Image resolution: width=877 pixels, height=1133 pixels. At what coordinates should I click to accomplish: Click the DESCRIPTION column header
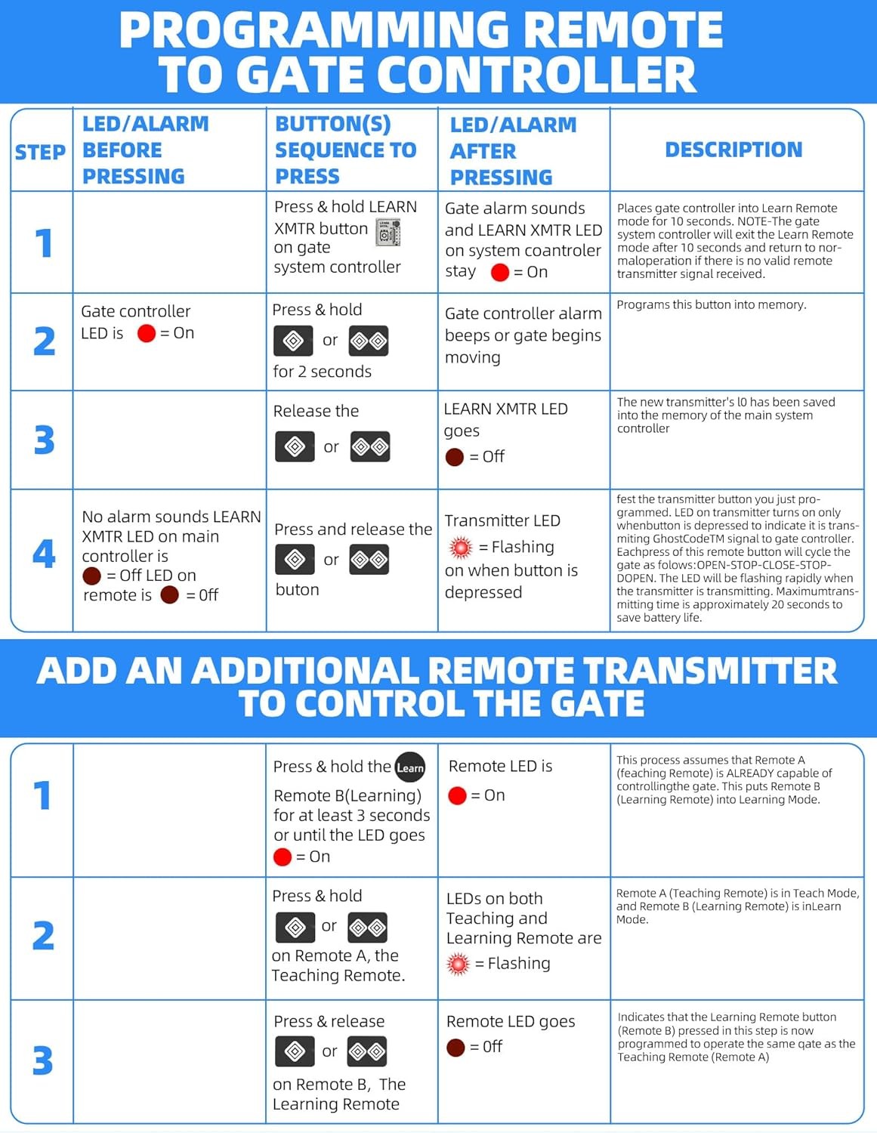[733, 150]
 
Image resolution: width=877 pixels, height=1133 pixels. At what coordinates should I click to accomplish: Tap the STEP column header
[40, 153]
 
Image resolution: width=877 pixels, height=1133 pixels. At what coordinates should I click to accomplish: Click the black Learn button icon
[410, 767]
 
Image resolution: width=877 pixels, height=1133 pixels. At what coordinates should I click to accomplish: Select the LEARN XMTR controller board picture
[388, 233]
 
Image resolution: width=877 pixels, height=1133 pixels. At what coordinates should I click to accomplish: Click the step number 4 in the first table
[44, 554]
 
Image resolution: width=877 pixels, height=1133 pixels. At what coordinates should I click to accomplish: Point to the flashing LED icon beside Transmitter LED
[461, 547]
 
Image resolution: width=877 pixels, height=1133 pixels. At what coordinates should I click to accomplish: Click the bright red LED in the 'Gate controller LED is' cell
[147, 333]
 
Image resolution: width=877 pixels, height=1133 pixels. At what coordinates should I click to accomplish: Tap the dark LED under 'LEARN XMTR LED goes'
[455, 457]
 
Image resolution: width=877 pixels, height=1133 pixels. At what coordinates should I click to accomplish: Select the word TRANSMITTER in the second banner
[710, 671]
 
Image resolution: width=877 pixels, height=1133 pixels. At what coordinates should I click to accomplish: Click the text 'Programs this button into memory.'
[712, 304]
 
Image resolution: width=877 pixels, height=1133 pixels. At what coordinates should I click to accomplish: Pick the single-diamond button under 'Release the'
[295, 446]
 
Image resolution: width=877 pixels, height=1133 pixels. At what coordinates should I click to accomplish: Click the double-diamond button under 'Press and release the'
[369, 560]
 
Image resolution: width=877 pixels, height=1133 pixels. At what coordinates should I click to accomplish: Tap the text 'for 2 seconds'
[323, 371]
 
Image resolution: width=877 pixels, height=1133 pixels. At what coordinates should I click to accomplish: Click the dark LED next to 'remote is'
[169, 594]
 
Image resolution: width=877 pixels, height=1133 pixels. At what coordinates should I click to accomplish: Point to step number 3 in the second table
[43, 1060]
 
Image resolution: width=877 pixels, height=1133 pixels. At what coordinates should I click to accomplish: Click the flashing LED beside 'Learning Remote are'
[459, 964]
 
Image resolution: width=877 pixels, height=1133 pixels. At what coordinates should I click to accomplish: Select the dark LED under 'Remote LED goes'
[455, 1047]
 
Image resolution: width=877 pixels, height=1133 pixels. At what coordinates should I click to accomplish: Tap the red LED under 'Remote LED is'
[457, 795]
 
